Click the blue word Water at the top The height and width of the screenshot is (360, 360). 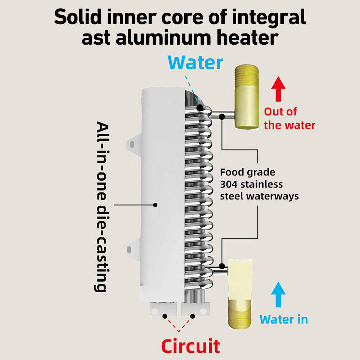[195, 63]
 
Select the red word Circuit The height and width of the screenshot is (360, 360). [190, 346]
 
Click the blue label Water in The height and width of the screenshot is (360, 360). [284, 319]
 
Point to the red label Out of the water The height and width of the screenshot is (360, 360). [289, 118]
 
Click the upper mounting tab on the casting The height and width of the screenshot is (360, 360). [132, 144]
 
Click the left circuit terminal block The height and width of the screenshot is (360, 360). [163, 309]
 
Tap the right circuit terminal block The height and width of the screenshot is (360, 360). [195, 309]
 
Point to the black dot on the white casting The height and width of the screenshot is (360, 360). [155, 205]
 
